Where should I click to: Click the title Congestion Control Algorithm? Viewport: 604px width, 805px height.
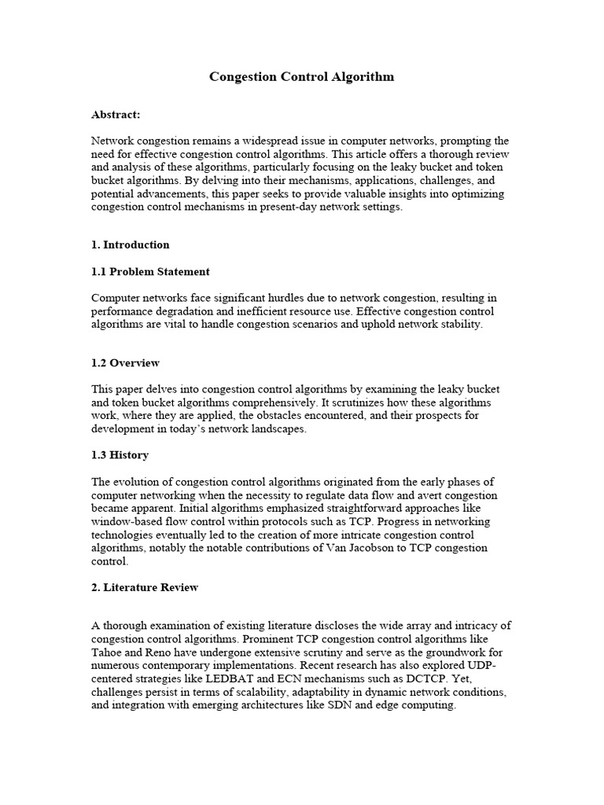click(x=301, y=77)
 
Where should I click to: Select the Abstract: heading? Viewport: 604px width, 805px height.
click(x=116, y=115)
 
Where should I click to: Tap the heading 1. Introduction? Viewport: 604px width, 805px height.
click(x=130, y=244)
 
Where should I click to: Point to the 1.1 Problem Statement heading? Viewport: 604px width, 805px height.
click(x=150, y=271)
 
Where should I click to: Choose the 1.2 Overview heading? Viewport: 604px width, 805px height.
click(x=125, y=363)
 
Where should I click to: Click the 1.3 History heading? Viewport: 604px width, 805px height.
click(x=120, y=455)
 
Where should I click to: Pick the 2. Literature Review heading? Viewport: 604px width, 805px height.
click(x=145, y=587)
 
